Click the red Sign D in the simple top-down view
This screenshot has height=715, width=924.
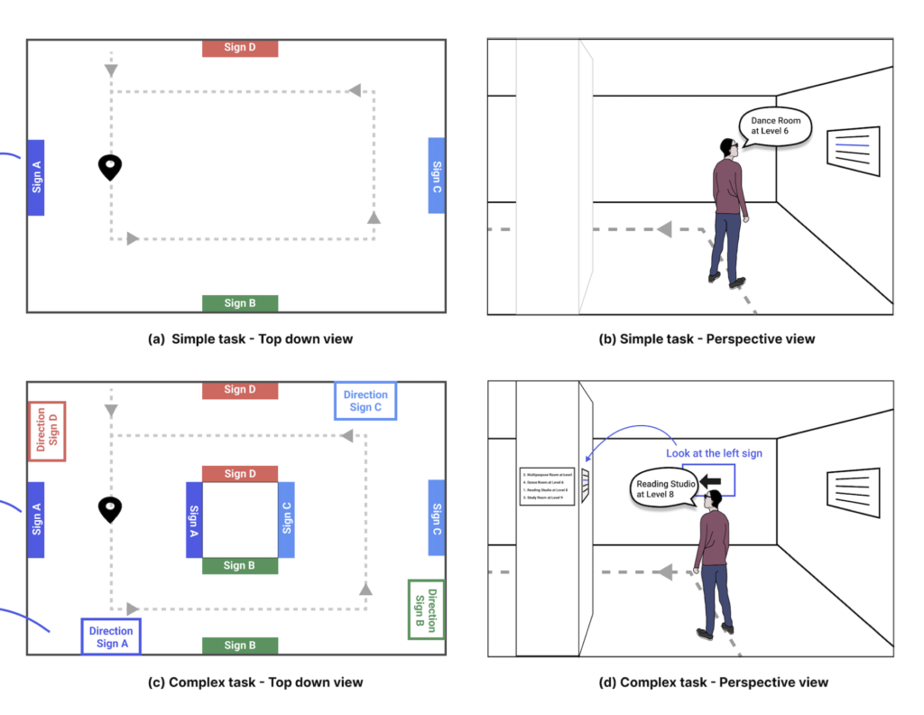click(x=240, y=48)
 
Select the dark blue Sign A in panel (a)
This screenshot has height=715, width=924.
click(x=36, y=177)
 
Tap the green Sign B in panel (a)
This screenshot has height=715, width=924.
click(x=240, y=303)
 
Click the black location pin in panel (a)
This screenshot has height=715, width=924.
click(x=110, y=167)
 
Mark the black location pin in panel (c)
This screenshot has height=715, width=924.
click(x=110, y=509)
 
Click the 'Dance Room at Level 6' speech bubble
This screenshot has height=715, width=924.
click(x=775, y=126)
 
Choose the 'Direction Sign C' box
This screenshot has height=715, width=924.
click(x=365, y=401)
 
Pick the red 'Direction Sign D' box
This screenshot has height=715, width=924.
click(x=47, y=431)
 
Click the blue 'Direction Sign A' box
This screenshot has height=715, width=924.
click(x=111, y=636)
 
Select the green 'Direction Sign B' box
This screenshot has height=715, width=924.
click(x=426, y=608)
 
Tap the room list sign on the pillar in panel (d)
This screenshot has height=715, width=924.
click(x=547, y=486)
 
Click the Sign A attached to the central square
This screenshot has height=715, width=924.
click(x=193, y=519)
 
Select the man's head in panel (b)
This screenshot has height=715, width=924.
click(x=729, y=149)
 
